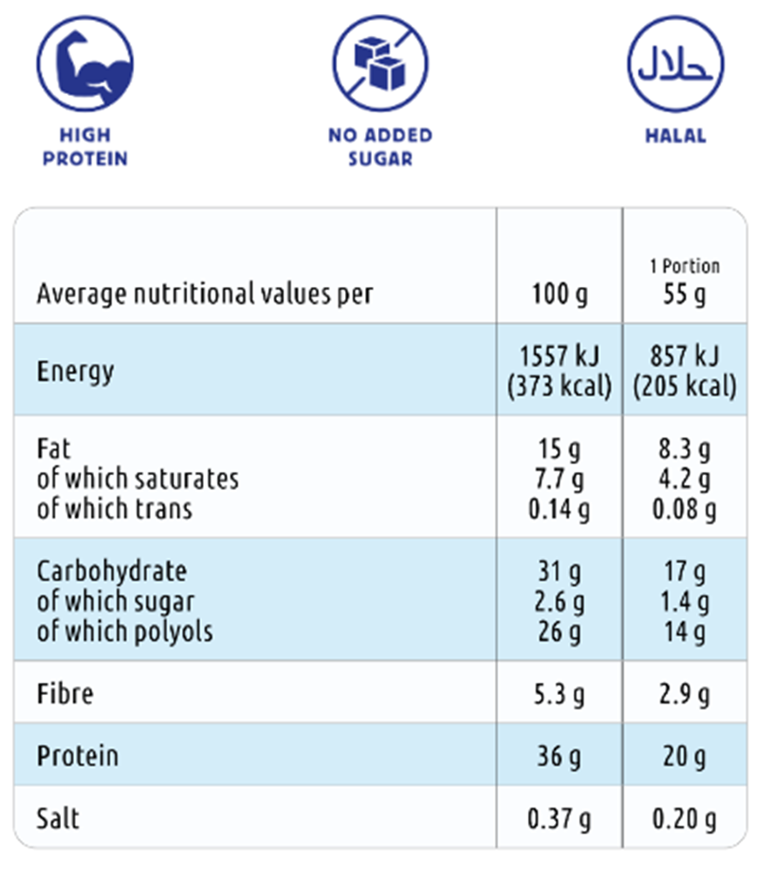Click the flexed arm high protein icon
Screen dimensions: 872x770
pyautogui.click(x=84, y=66)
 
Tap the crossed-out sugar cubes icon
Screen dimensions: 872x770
pyautogui.click(x=380, y=66)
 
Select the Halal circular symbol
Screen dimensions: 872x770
pyautogui.click(x=676, y=66)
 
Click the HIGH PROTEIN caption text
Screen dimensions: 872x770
pyautogui.click(x=85, y=147)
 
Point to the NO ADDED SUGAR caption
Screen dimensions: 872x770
pyautogui.click(x=380, y=147)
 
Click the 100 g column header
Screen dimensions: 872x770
pyautogui.click(x=560, y=295)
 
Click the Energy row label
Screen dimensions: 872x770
pyautogui.click(x=76, y=371)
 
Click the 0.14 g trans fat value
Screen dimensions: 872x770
pyautogui.click(x=560, y=509)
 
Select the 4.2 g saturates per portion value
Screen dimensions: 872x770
pyautogui.click(x=684, y=480)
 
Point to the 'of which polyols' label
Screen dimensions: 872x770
pyautogui.click(x=125, y=631)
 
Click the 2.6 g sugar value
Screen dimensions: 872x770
pyautogui.click(x=560, y=602)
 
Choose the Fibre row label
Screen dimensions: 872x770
pyautogui.click(x=65, y=694)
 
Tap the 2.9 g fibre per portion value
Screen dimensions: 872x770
pyautogui.click(x=684, y=694)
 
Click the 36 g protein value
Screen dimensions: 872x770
pyautogui.click(x=560, y=756)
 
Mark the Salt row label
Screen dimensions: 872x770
pyautogui.click(x=59, y=818)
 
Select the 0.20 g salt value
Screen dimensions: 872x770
pyautogui.click(x=684, y=818)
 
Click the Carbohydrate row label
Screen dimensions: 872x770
pyautogui.click(x=111, y=572)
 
